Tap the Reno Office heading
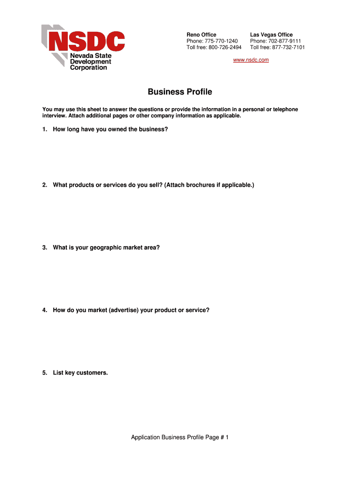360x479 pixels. tap(201, 35)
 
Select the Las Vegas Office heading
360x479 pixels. tap(271, 35)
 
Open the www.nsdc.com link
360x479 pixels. tap(251, 60)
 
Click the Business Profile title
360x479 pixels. tap(180, 92)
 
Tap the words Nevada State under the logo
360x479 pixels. tap(91, 56)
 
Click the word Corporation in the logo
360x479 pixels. tap(88, 67)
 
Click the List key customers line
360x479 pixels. tap(80, 373)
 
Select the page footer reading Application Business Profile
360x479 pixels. tap(180, 437)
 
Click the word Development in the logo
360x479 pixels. tap(91, 61)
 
